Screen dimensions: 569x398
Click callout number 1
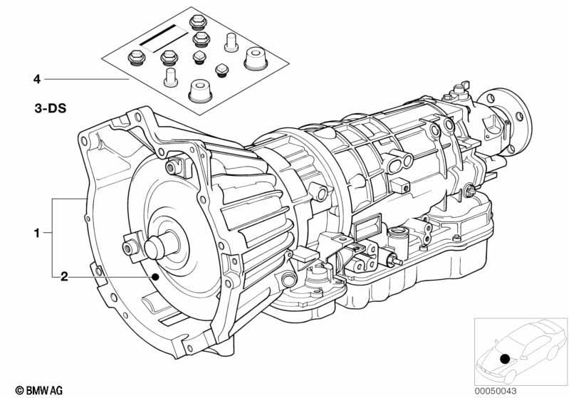[x=36, y=233]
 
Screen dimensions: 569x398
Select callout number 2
[x=64, y=277]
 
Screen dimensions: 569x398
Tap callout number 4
[x=36, y=79]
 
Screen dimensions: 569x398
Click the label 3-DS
[x=51, y=108]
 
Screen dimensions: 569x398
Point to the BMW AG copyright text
[x=39, y=390]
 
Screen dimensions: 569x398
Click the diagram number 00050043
[x=496, y=391]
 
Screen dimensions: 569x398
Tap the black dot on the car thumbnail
[x=505, y=359]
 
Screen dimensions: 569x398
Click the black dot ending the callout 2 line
[x=155, y=277]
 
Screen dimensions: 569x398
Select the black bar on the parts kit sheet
[x=158, y=35]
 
